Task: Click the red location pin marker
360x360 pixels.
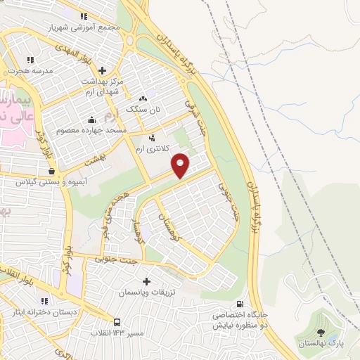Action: [x=181, y=165]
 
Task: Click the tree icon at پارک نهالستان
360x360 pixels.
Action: [x=321, y=333]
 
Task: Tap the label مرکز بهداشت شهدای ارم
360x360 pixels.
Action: [x=103, y=86]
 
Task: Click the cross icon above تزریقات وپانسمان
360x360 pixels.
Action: [x=146, y=281]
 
